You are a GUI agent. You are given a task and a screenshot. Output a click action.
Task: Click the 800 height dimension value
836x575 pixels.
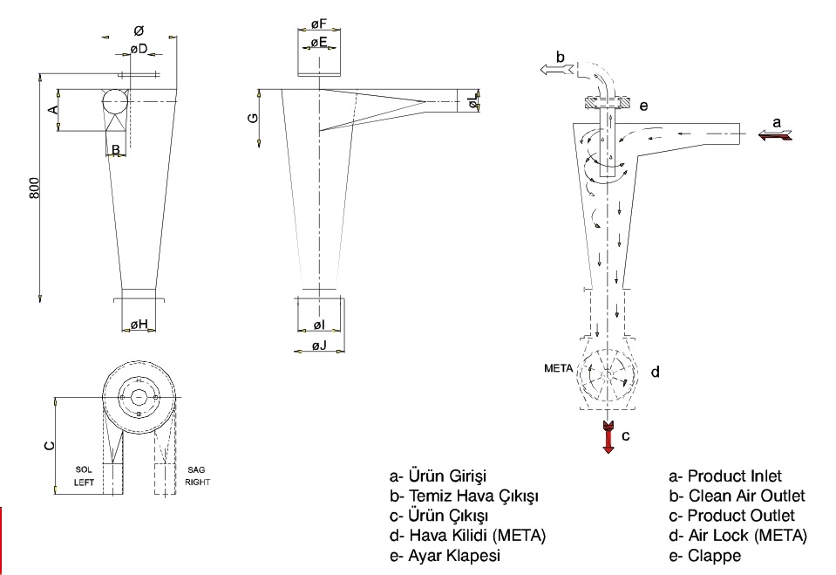pos(35,188)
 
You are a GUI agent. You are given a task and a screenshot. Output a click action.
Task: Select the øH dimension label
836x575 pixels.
pos(139,325)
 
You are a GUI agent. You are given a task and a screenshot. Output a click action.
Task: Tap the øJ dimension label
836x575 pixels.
pos(320,346)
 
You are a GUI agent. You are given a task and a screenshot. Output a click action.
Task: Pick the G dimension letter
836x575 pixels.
pos(254,117)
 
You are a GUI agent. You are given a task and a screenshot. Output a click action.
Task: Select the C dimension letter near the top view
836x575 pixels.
pos(50,445)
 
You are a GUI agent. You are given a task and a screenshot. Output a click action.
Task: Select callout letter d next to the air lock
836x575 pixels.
pos(655,372)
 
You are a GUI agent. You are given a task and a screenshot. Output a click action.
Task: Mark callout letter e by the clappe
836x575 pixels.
pos(643,106)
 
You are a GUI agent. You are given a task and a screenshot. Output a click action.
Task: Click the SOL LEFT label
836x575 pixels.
pos(84,476)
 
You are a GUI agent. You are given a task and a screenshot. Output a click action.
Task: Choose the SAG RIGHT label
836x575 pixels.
pos(197,476)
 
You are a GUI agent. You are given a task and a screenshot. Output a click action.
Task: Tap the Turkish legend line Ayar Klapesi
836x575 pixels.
pos(445,555)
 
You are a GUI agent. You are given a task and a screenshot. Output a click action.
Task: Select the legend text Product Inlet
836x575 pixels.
pos(724,476)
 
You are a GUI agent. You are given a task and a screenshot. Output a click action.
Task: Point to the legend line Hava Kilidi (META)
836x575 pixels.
pos(468,535)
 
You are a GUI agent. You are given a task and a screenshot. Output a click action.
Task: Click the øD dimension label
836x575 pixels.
pos(139,48)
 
